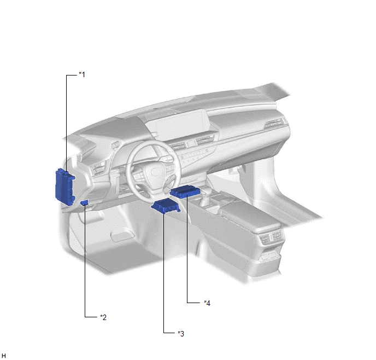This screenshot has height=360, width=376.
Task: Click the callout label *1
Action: [82, 74]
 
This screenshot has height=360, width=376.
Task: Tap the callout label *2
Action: [103, 317]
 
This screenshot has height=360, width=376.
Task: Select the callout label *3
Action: [181, 334]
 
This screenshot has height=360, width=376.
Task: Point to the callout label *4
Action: [207, 303]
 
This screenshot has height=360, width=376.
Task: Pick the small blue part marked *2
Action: [84, 203]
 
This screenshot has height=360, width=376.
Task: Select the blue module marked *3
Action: [166, 206]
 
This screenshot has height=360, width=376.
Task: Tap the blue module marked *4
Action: [185, 191]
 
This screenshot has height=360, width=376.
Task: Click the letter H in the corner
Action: [4, 356]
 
